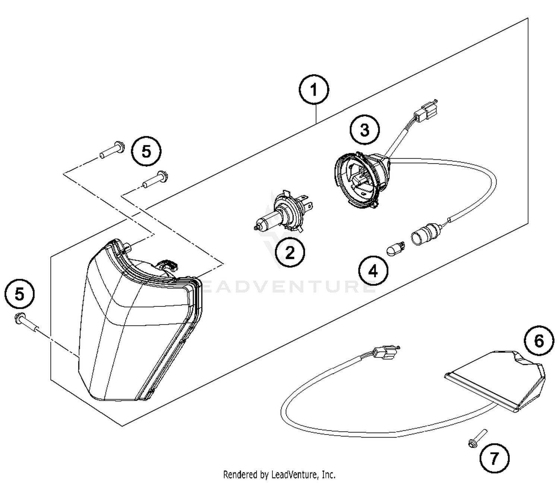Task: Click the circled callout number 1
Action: [314, 90]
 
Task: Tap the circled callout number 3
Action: [364, 130]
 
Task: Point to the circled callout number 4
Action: [373, 271]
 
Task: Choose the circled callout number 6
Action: [539, 341]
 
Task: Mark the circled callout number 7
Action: [494, 458]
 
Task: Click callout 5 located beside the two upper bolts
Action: [146, 152]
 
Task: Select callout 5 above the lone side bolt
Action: [19, 294]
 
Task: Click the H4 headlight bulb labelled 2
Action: [283, 214]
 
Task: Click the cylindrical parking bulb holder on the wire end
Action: [425, 234]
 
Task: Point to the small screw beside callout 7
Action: [477, 438]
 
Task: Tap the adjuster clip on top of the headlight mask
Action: [168, 265]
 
